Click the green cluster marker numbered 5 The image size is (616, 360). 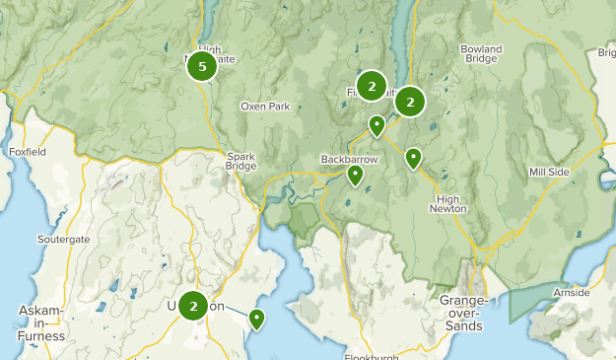pos(202,67)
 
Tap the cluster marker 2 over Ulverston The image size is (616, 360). pos(192,306)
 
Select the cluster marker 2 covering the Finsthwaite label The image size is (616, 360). pos(372,87)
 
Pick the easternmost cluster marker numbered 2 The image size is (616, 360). pos(410,101)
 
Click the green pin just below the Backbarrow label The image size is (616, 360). pos(355,176)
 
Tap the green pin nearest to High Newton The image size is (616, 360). pos(413,157)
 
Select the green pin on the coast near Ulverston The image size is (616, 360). pos(256,319)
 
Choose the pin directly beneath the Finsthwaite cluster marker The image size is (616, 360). pos(376,125)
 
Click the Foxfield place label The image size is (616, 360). pos(27,153)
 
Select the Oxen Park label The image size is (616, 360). pos(265,107)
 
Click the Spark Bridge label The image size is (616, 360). pos(240,161)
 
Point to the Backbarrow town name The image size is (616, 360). pos(349,159)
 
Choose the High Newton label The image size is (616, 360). pos(449,203)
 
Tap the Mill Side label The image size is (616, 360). pos(549,172)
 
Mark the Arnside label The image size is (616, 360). pos(572,292)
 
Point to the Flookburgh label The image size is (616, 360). pos(376,355)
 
